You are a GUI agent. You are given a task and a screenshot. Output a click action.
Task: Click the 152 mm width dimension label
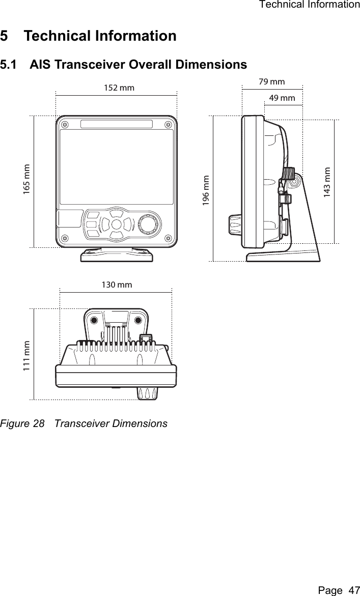(x=119, y=88)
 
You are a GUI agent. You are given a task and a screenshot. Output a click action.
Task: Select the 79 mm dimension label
(x=271, y=81)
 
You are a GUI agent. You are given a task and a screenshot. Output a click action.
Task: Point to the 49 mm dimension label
(x=282, y=98)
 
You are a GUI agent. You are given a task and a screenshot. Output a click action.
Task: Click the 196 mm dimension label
(x=205, y=189)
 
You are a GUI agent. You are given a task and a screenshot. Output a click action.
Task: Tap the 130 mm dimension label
(x=117, y=285)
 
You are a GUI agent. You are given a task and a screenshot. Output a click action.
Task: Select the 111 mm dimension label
(x=26, y=356)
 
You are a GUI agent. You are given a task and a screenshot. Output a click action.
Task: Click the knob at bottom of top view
(x=147, y=393)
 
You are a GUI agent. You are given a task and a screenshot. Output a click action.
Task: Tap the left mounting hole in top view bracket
(x=94, y=321)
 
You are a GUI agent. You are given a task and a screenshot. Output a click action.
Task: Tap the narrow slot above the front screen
(x=116, y=125)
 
